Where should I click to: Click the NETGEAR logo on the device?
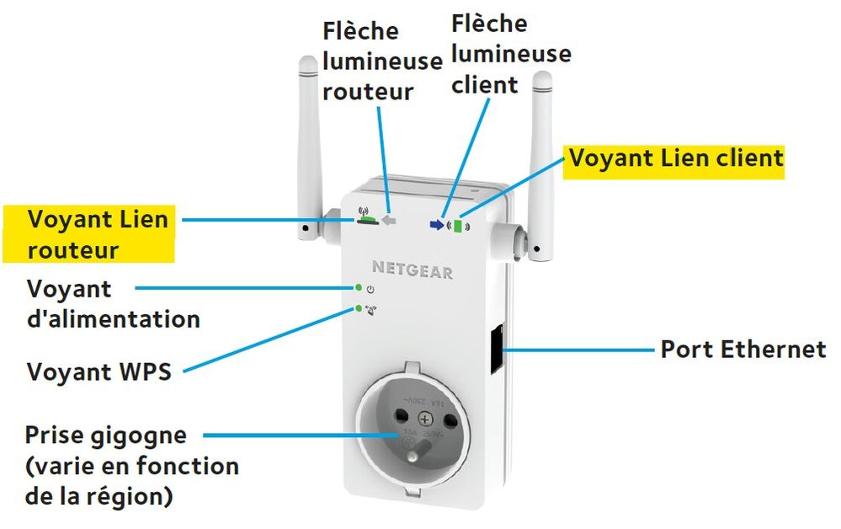(413, 272)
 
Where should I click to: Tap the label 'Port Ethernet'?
(743, 350)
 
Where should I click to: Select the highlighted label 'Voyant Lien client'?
(676, 158)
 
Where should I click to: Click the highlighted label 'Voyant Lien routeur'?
(97, 235)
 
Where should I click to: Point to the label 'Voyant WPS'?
(99, 371)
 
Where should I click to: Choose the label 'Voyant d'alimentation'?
(113, 304)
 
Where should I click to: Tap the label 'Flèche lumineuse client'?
(510, 52)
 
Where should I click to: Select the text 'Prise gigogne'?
(105, 435)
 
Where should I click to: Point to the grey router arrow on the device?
(388, 220)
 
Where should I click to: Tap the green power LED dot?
(359, 288)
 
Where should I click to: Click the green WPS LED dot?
(359, 308)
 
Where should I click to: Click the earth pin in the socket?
(413, 458)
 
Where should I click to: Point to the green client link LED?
(458, 226)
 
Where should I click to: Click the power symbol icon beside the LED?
(371, 290)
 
